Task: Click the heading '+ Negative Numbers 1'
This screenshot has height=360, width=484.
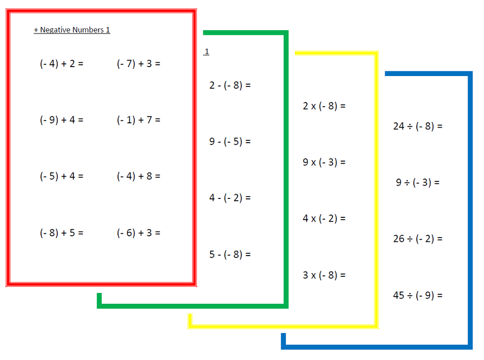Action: coord(72,30)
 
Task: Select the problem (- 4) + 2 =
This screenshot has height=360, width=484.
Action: coord(61,64)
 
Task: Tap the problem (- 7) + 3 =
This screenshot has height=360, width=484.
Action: coord(138,64)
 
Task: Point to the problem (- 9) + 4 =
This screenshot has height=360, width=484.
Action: coord(61,120)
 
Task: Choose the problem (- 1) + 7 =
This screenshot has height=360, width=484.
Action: coord(138,120)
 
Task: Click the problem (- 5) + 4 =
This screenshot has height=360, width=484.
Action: coord(61,176)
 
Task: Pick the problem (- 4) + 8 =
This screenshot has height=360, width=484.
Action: coord(138,176)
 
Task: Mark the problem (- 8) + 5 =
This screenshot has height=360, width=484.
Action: coord(61,233)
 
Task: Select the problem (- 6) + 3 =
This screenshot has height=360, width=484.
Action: coord(138,233)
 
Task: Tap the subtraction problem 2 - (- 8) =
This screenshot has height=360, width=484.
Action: coord(230,86)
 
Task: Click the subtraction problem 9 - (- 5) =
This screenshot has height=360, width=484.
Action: coord(230,142)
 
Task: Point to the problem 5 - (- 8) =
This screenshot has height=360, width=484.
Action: coord(230,255)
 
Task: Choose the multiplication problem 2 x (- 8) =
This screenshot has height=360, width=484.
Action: coord(324,106)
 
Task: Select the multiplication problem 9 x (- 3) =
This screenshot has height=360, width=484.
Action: coord(324,162)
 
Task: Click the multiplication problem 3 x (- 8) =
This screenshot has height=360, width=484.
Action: coord(324,275)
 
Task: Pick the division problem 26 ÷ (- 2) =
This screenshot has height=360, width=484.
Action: coord(418,239)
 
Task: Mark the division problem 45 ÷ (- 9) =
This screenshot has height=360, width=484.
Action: coord(418,296)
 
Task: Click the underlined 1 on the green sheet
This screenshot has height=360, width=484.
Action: coord(207,51)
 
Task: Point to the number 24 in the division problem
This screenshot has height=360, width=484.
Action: coord(399,126)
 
